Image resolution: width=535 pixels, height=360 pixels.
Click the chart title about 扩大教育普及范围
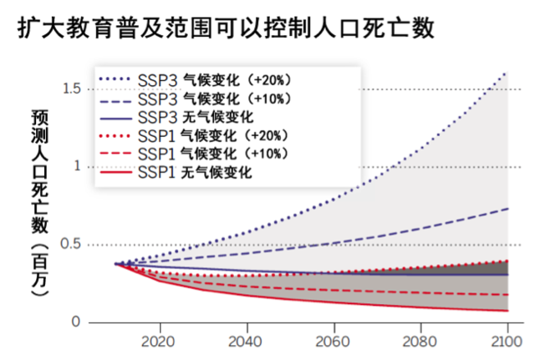pos(226,28)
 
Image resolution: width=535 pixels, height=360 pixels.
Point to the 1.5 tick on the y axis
pos(71,89)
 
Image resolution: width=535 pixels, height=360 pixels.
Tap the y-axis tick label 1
pos(77,166)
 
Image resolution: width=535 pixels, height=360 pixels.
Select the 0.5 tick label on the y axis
pos(71,245)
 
